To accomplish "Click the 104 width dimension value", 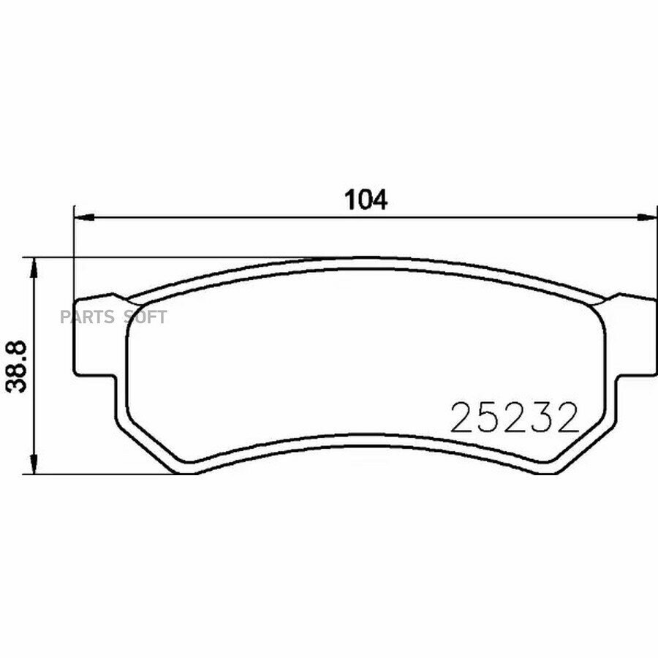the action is (366, 200).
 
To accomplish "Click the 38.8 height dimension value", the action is (17, 366).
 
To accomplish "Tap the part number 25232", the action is (515, 417).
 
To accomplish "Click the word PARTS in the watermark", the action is (87, 317).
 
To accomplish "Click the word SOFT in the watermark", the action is (145, 317).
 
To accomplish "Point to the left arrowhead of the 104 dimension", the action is (84, 217).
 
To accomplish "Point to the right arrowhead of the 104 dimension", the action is (647, 217).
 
